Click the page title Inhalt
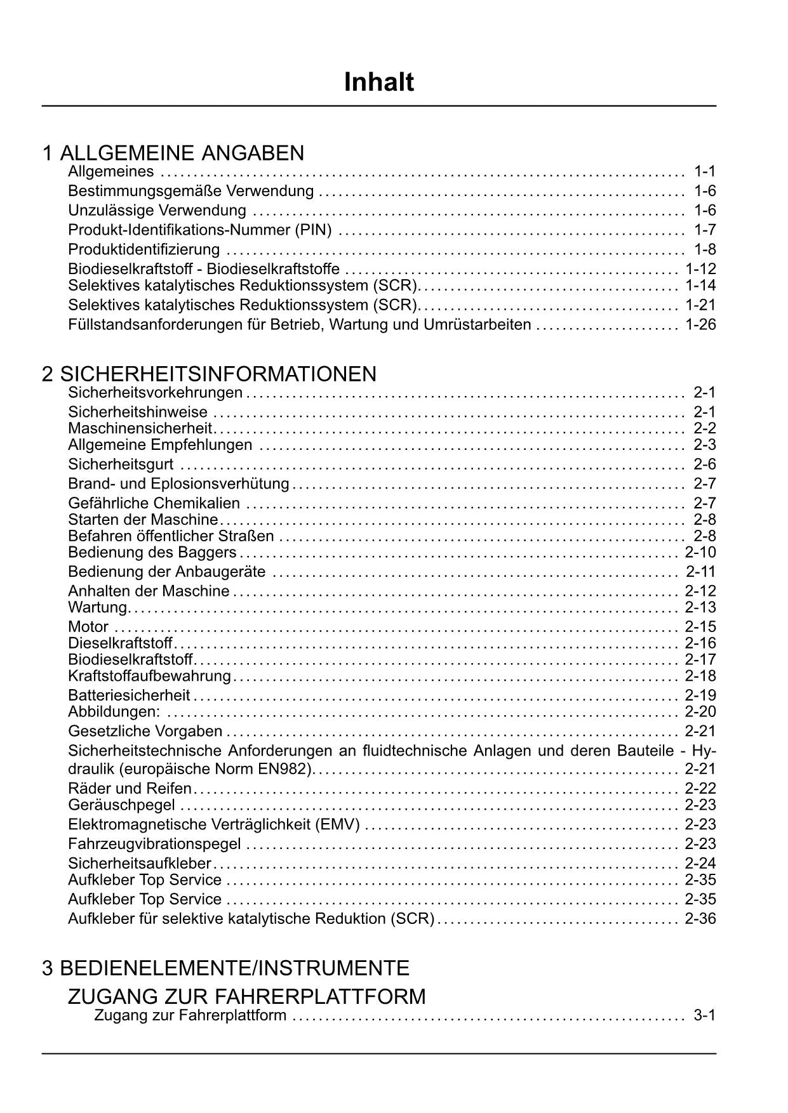click(x=379, y=82)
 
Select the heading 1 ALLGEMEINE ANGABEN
click(x=173, y=153)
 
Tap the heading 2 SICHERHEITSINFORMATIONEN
click(x=210, y=374)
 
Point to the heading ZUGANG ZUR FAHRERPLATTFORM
click(x=246, y=996)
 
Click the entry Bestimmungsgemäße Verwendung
click(x=190, y=191)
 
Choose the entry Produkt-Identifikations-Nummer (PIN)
click(x=200, y=230)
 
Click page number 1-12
click(x=700, y=269)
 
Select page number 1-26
click(x=700, y=325)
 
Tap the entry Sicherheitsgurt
click(x=121, y=464)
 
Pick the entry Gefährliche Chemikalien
click(x=154, y=504)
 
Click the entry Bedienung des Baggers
click(x=152, y=552)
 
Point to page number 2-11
click(x=700, y=572)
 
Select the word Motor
click(x=88, y=627)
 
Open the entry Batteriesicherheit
click(x=130, y=695)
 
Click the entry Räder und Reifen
click(x=130, y=789)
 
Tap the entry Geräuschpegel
click(x=121, y=805)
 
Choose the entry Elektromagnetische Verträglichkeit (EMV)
click(x=214, y=825)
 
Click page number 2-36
click(x=700, y=919)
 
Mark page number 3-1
click(x=704, y=1015)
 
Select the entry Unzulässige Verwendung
click(x=157, y=211)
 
